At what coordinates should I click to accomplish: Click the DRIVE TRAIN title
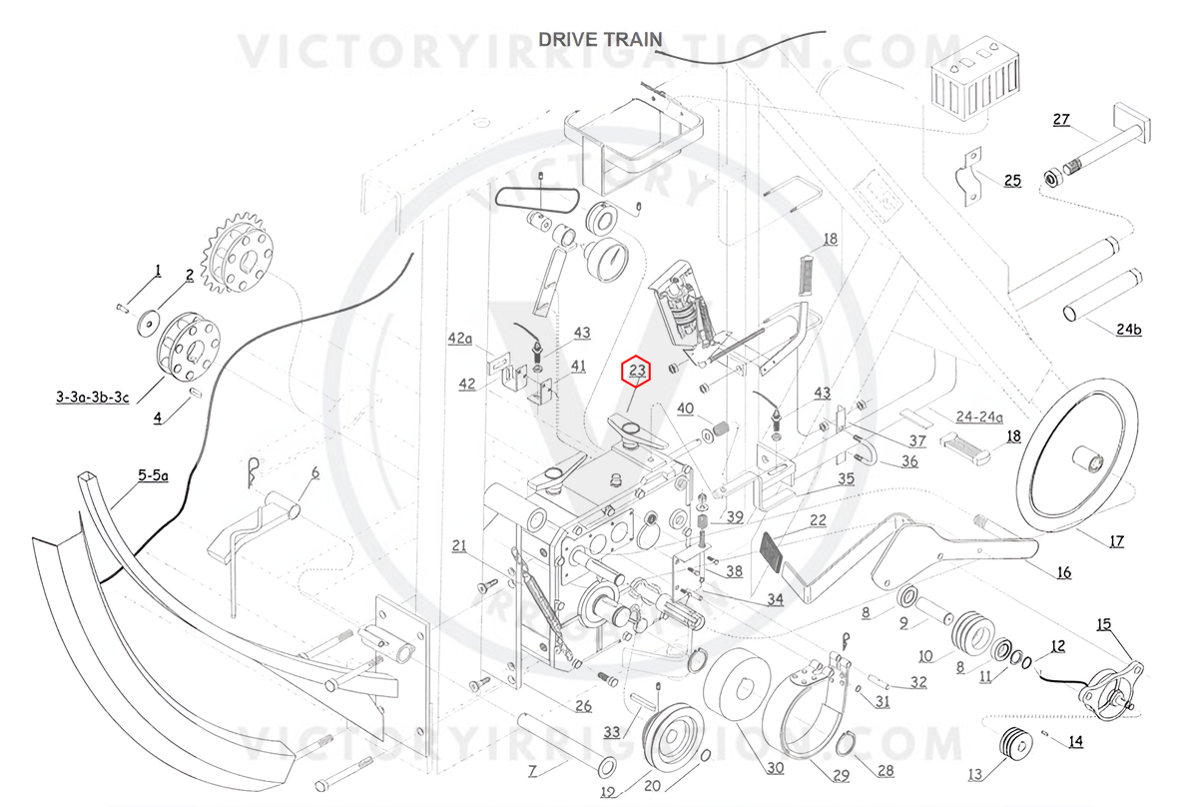600,39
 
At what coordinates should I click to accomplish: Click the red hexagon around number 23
636,371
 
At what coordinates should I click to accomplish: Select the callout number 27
1061,119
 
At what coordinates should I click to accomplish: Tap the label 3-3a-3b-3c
93,398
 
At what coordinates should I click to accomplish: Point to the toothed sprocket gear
237,252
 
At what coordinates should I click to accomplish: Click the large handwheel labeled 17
1077,455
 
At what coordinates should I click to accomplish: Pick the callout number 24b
1129,329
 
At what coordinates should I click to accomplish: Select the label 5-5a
153,475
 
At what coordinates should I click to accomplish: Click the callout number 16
1064,573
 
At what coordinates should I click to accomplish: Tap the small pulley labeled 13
1016,743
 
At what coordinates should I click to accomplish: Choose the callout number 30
775,768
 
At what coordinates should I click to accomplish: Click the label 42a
460,339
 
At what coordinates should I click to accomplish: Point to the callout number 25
1012,181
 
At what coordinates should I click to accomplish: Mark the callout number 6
315,472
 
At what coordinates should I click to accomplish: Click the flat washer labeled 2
149,325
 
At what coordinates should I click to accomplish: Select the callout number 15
1103,624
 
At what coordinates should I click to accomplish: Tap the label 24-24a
979,416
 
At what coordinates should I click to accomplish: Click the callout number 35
846,478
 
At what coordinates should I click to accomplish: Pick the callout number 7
532,771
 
